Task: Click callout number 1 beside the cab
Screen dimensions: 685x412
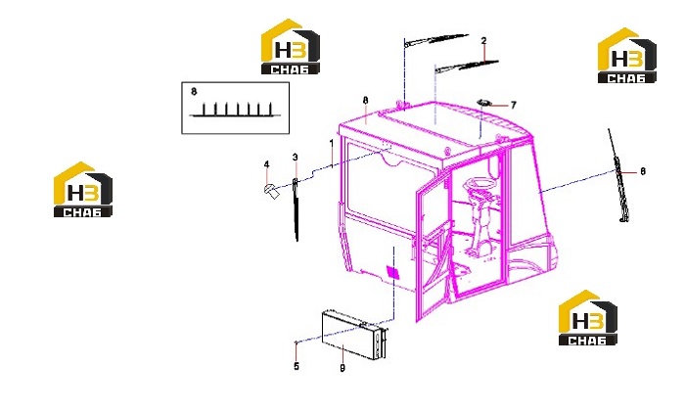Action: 332,143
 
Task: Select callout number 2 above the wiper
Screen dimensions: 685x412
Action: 483,41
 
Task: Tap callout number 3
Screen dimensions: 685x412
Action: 296,158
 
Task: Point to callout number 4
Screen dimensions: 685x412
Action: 266,164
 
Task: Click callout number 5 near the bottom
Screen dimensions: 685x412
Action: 297,366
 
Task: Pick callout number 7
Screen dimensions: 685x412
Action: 514,105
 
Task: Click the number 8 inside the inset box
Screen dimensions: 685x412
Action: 194,92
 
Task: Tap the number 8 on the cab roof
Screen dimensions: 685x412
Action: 366,101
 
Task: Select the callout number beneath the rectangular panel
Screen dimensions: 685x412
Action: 342,368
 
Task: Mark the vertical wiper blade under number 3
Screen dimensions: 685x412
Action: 296,208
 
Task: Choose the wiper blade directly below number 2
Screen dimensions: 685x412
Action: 467,66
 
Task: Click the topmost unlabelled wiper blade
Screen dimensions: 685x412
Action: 436,40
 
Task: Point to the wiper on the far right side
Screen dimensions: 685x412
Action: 618,175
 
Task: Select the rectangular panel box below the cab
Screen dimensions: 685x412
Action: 354,335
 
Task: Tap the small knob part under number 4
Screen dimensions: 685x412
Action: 271,191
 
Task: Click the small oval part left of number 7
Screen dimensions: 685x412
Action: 483,102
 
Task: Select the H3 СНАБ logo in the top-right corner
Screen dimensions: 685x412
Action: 627,56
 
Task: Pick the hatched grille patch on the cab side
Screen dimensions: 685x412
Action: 392,272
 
